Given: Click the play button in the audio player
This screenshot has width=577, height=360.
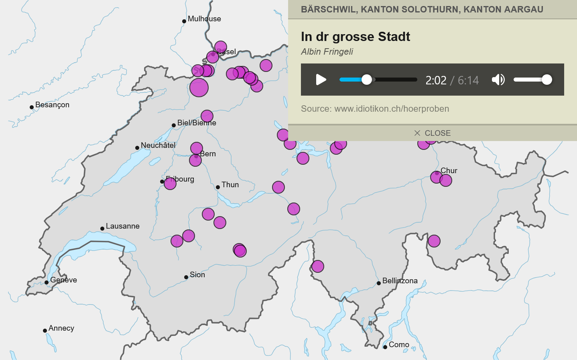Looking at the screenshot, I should [321, 80].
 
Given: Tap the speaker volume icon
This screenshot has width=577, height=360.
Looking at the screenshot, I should [498, 80].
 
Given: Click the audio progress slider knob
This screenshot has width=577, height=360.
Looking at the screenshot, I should [367, 80].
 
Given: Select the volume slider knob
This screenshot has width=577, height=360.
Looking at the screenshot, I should [547, 80].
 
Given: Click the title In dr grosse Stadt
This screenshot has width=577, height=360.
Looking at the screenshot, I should [355, 37].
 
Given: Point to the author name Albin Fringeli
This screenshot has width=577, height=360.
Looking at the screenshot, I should [327, 51].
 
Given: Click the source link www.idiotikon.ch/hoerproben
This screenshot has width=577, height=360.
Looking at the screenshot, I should [392, 108].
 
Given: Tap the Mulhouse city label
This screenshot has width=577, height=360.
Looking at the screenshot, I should [204, 19].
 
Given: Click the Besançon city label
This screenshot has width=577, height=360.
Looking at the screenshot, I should [52, 105].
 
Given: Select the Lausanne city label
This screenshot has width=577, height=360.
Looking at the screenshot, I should [122, 226].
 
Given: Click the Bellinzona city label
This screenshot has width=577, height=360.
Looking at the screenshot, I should [400, 281].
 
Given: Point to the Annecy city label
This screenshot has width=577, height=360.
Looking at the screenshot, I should [61, 328].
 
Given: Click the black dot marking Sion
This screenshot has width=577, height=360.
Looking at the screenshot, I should [186, 277].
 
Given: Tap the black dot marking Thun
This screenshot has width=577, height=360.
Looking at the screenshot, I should [218, 187].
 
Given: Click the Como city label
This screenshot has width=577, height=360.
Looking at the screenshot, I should [398, 345].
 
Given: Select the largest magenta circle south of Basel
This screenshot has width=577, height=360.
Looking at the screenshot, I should [199, 88].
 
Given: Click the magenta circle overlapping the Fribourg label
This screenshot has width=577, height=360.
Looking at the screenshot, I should [170, 184].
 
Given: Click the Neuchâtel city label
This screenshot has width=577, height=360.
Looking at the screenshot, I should [158, 145].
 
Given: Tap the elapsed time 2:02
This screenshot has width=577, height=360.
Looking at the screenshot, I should [436, 80].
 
